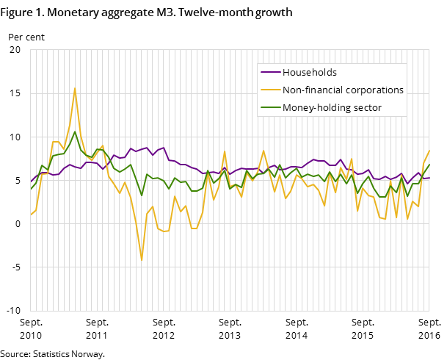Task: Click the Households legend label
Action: tap(309, 73)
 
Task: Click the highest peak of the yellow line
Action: tap(75, 88)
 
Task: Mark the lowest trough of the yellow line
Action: tap(142, 260)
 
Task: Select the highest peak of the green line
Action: tap(75, 132)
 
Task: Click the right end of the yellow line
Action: tap(429, 150)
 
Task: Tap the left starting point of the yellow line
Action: tap(30, 215)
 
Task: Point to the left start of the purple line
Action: tap(30, 181)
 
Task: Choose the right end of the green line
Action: tap(429, 165)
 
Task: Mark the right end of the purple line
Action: tap(429, 178)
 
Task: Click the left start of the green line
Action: tap(30, 190)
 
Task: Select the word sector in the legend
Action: tap(367, 108)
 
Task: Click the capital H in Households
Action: tap(286, 73)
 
